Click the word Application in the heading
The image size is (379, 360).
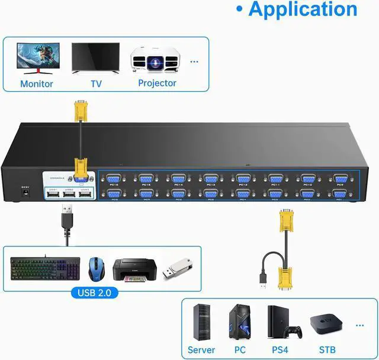(x=303, y=9)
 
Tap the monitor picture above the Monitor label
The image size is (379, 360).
(x=36, y=57)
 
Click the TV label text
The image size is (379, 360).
(x=96, y=84)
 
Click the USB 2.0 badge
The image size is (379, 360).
(x=94, y=292)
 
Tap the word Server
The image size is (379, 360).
(x=201, y=350)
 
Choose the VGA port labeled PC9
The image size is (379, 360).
(x=339, y=178)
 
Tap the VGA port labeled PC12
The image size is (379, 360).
(x=242, y=178)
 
